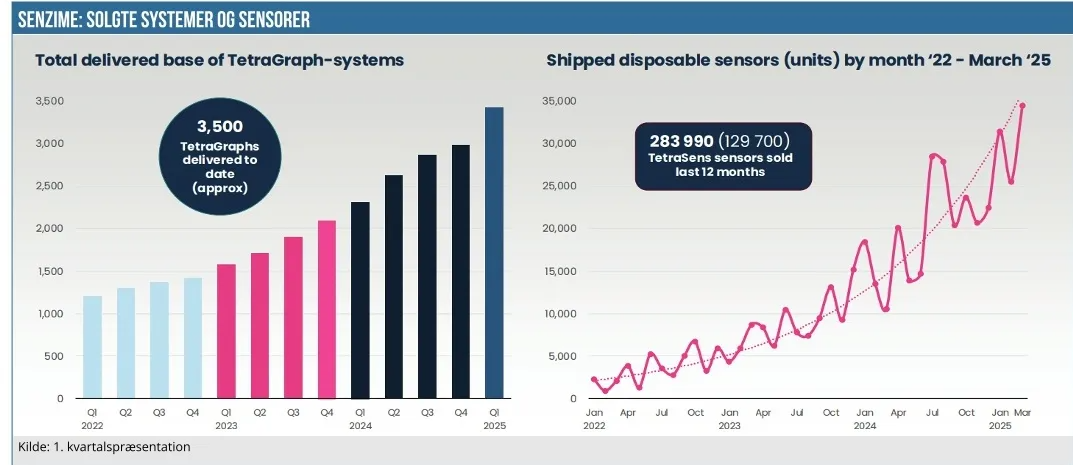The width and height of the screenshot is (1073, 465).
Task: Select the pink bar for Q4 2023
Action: coord(327,309)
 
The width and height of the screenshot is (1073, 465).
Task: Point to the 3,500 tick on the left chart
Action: coord(49,101)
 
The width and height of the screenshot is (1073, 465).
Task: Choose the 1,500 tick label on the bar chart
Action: coord(49,271)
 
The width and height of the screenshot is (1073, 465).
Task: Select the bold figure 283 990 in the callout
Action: coord(680,140)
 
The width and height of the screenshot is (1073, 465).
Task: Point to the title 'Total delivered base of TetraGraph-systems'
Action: coord(219,60)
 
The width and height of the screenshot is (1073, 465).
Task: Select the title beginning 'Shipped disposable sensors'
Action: coord(798,60)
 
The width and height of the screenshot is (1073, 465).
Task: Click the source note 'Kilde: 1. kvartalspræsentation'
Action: coord(105,446)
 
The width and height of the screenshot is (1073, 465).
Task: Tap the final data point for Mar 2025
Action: coord(1022,105)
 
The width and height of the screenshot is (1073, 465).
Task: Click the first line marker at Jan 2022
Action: coord(594,380)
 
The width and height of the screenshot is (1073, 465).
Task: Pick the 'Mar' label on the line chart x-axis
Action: coord(1022,412)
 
